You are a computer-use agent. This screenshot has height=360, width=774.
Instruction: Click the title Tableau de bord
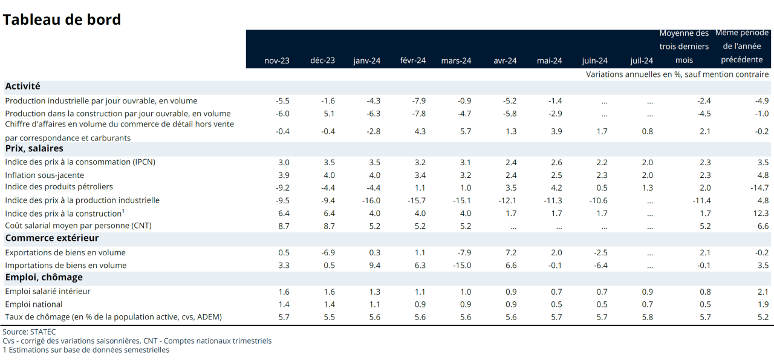click(62, 19)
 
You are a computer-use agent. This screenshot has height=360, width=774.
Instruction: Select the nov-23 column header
click(277, 61)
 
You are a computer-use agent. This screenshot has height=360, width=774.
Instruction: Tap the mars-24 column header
click(457, 61)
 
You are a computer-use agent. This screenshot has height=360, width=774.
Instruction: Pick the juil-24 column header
click(642, 61)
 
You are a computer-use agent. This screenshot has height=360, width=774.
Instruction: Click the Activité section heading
click(23, 87)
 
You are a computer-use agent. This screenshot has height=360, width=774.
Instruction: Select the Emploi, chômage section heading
click(44, 277)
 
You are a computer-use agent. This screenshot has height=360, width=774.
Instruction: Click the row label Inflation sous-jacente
click(45, 175)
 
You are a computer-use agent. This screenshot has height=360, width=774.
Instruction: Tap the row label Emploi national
click(34, 304)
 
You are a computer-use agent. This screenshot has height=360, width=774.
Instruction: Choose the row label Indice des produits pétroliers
click(59, 187)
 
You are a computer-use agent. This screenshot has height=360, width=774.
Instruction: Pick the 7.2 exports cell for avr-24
click(511, 252)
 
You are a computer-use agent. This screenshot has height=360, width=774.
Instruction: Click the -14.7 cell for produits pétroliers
click(760, 188)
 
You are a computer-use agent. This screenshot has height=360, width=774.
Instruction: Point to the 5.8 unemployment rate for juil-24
click(647, 317)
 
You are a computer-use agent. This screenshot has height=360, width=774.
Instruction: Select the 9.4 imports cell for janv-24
click(374, 265)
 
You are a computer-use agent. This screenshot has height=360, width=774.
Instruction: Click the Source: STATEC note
click(29, 332)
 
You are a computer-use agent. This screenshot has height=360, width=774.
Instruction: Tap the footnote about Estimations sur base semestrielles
click(86, 350)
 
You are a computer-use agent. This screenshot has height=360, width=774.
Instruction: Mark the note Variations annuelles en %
click(677, 74)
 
